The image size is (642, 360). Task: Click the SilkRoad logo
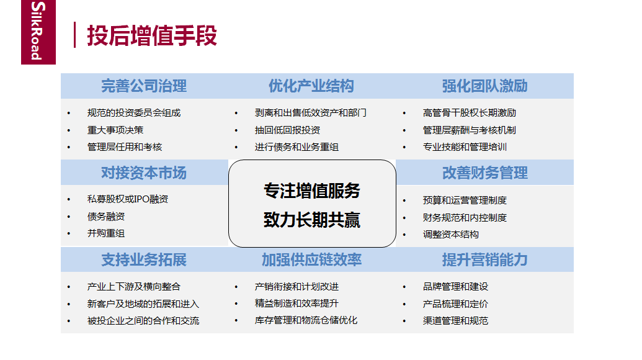(x=38, y=32)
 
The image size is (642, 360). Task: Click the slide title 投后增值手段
(x=152, y=35)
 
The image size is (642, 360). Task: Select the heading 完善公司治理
(x=144, y=86)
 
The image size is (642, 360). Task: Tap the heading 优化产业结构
(x=311, y=86)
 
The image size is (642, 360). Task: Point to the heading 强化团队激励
(x=485, y=86)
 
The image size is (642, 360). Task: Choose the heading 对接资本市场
(x=144, y=173)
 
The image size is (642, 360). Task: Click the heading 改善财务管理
(x=485, y=173)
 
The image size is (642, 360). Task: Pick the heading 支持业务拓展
(x=144, y=259)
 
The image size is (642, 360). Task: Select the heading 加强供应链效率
(x=311, y=259)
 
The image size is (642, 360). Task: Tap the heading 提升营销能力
(x=485, y=259)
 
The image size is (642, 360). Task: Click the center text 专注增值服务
(x=312, y=191)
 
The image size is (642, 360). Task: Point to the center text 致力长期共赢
(x=312, y=220)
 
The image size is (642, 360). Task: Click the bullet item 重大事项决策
(x=115, y=130)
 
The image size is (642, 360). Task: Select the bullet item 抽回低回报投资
(x=287, y=130)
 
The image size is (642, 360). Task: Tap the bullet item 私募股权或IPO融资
(x=128, y=199)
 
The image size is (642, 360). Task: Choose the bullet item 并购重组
(x=106, y=233)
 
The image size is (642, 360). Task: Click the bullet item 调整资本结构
(x=451, y=234)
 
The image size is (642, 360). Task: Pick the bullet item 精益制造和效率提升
(x=297, y=303)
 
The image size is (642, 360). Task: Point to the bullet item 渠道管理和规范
(x=456, y=320)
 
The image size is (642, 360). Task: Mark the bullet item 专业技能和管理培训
(x=465, y=147)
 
